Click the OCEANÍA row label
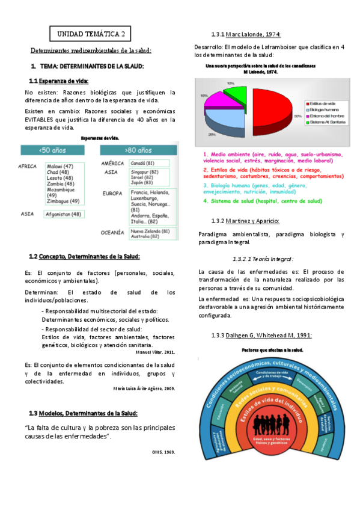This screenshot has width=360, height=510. pyautogui.click(x=113, y=232)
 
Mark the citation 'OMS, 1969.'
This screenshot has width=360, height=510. pyautogui.click(x=163, y=451)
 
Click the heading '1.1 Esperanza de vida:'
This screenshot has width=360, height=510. pyautogui.click(x=59, y=81)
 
